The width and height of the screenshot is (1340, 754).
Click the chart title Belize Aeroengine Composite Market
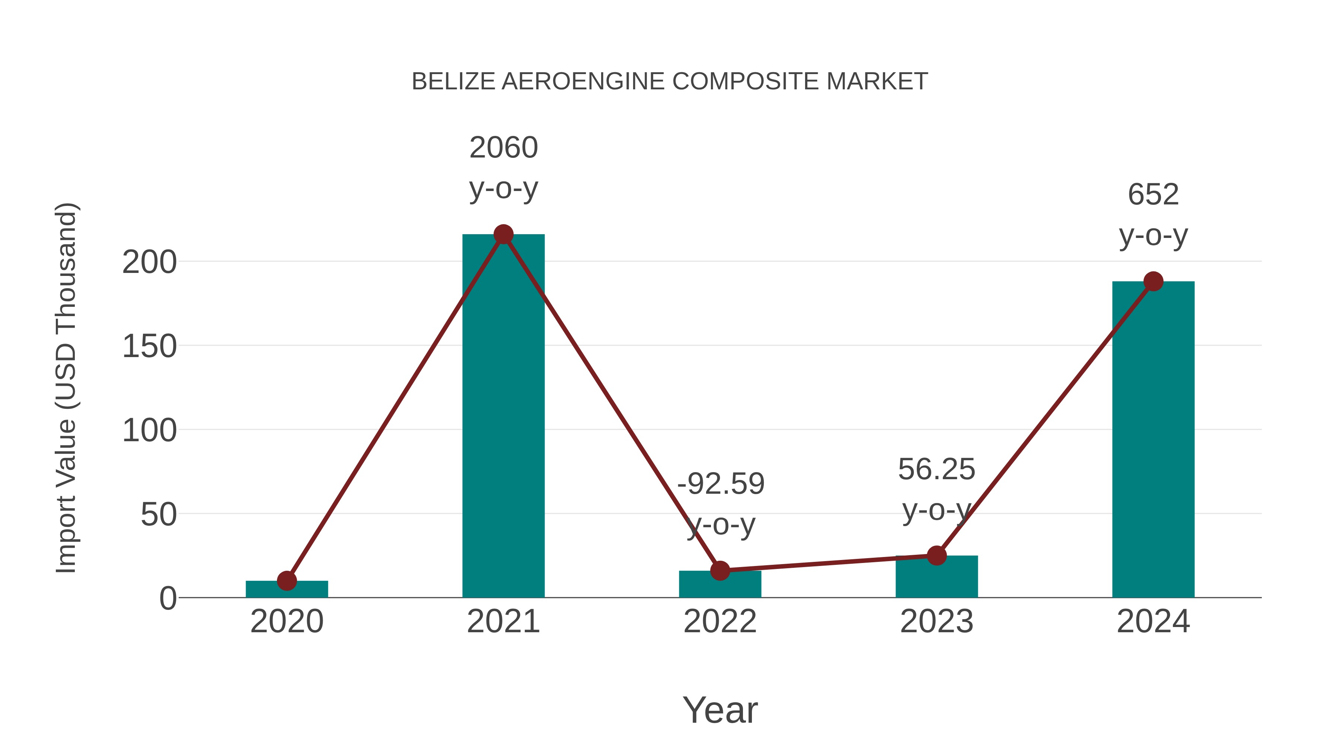point(670,82)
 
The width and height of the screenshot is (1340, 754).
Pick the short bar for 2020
point(287,589)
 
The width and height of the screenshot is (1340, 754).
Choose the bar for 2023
point(937,578)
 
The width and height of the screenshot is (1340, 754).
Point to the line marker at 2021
point(503,235)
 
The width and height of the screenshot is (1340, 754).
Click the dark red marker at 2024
point(1153,281)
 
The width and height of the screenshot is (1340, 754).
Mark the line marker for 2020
point(287,581)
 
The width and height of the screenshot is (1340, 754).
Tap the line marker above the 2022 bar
point(720,571)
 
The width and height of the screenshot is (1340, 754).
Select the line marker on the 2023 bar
point(937,556)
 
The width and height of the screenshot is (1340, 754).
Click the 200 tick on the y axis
point(149,262)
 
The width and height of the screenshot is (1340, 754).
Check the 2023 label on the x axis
point(937,621)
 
